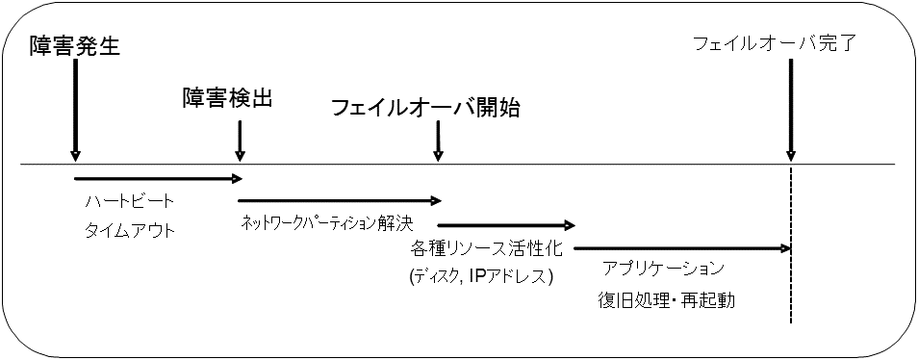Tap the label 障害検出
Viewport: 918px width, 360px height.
[x=228, y=98]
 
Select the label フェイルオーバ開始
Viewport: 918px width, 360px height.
[x=424, y=108]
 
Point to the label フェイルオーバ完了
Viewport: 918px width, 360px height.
[x=774, y=43]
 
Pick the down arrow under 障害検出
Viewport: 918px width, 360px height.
[x=240, y=141]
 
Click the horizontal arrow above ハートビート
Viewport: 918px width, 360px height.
[x=157, y=177]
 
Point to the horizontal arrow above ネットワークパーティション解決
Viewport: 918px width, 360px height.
[x=339, y=200]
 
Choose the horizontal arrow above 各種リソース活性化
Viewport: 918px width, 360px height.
[x=506, y=225]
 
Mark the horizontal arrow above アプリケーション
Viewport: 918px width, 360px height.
[x=681, y=248]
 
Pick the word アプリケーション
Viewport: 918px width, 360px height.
[x=663, y=268]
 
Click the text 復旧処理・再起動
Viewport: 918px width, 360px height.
[x=666, y=299]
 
